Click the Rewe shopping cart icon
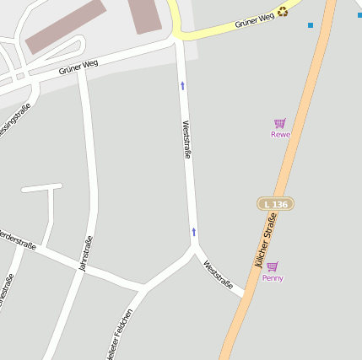280,123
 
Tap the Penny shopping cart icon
272,266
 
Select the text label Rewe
280,135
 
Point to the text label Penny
273,278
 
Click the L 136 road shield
275,204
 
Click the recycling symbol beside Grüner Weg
283,12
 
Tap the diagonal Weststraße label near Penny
219,273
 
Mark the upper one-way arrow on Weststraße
182,85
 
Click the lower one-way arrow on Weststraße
193,231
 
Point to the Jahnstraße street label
85,253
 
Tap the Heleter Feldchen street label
119,335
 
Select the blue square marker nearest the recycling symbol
311,25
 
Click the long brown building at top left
65,26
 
